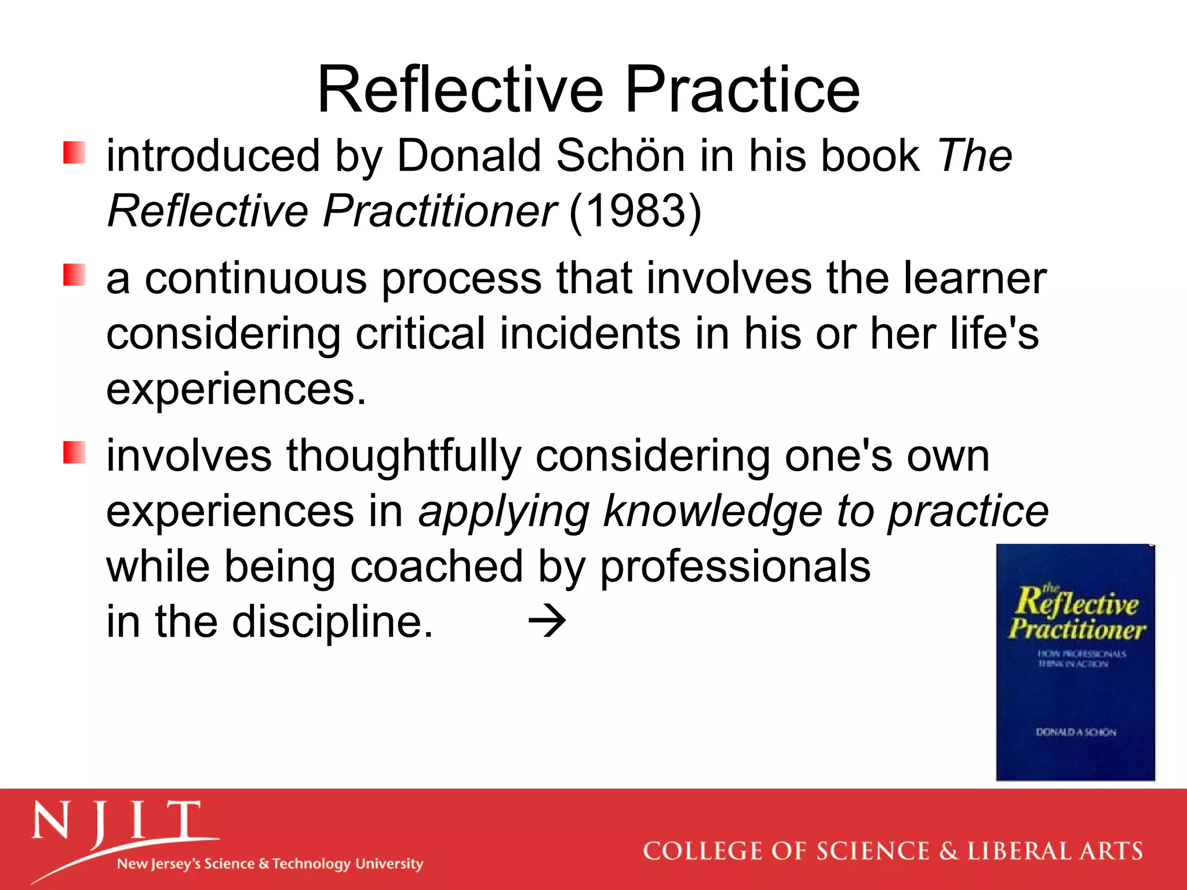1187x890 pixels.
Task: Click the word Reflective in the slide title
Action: point(461,90)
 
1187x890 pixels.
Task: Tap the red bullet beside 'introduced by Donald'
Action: point(74,152)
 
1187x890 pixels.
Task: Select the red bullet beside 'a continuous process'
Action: point(74,275)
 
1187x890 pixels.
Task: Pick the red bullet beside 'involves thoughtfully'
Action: point(74,452)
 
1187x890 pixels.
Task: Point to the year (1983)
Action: point(635,211)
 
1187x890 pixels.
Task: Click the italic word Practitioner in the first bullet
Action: point(439,211)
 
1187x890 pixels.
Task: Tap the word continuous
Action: point(255,278)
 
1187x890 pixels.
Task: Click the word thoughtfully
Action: point(403,456)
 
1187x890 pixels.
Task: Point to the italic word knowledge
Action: point(712,511)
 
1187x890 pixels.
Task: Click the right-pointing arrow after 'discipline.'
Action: point(547,621)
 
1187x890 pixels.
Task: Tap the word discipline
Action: point(332,621)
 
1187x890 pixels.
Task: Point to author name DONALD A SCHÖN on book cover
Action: point(1076,732)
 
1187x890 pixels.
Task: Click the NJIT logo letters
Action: point(116,822)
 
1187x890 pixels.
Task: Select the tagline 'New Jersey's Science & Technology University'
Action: point(270,864)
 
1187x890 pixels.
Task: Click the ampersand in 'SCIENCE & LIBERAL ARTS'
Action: point(948,851)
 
